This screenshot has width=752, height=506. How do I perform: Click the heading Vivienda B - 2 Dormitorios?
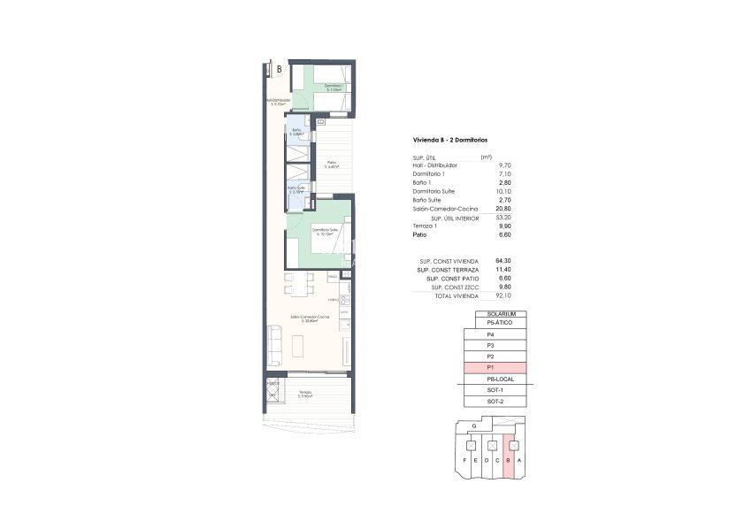(x=449, y=141)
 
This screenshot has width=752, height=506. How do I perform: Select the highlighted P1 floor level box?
(x=495, y=368)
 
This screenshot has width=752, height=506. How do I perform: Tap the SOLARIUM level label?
(x=495, y=314)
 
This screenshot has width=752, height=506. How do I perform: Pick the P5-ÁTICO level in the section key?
(x=495, y=324)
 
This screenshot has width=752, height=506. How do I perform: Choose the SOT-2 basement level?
(x=495, y=402)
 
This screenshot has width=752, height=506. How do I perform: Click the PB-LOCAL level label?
(x=495, y=379)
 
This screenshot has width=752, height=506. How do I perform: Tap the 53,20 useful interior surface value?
(x=504, y=218)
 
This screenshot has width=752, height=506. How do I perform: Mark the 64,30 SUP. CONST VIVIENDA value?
(x=504, y=262)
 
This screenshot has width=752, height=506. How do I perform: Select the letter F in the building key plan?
(x=465, y=461)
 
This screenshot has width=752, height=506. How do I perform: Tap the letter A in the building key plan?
(x=520, y=461)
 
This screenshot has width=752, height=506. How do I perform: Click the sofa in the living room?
(x=275, y=344)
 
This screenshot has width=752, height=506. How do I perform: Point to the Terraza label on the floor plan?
(x=304, y=392)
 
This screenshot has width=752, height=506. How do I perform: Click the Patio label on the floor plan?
(x=331, y=164)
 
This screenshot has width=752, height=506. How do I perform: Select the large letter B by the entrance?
(x=280, y=68)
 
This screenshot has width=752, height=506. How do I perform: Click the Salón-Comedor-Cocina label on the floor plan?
(x=311, y=317)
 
